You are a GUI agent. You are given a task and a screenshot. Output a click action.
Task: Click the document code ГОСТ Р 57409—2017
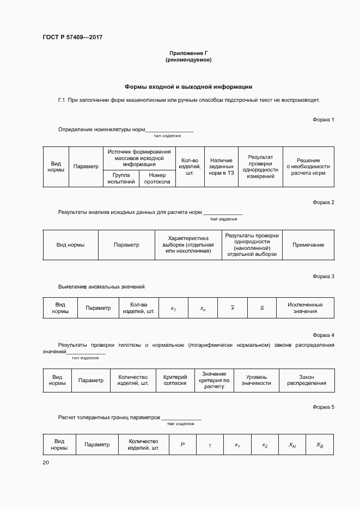coord(72,38)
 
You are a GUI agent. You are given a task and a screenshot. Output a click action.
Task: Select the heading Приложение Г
coord(188,53)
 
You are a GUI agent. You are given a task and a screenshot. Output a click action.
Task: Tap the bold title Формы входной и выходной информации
coord(188,87)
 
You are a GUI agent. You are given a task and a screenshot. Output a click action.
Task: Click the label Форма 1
coord(324,119)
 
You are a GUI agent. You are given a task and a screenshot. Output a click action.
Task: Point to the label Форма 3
coord(324,277)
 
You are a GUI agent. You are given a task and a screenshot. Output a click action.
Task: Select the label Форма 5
coord(324,407)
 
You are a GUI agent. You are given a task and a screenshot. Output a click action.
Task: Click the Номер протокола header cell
coord(157,179)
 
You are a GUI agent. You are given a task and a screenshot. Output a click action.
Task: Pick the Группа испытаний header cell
coord(121,179)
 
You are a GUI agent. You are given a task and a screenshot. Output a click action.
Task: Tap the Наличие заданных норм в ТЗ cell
coord(221,167)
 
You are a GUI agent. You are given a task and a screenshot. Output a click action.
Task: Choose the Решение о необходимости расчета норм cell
coord(308,167)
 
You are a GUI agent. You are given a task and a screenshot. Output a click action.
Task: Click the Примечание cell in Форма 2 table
coord(308,245)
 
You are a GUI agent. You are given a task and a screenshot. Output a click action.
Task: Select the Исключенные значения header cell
coord(305,308)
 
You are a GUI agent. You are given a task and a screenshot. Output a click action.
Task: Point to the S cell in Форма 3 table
coord(262,308)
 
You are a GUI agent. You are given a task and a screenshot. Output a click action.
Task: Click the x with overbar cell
coord(233,308)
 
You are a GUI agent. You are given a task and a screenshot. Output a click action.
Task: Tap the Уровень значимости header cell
coord(257,380)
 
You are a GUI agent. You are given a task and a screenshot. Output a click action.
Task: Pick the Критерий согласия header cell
coord(175,380)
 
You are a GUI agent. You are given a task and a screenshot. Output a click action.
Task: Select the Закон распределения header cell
coord(307,380)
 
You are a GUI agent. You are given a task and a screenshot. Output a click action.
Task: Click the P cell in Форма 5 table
coord(183,445)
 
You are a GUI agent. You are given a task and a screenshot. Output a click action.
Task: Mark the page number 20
coord(46,463)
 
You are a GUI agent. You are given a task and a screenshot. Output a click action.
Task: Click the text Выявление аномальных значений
coord(101,286)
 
